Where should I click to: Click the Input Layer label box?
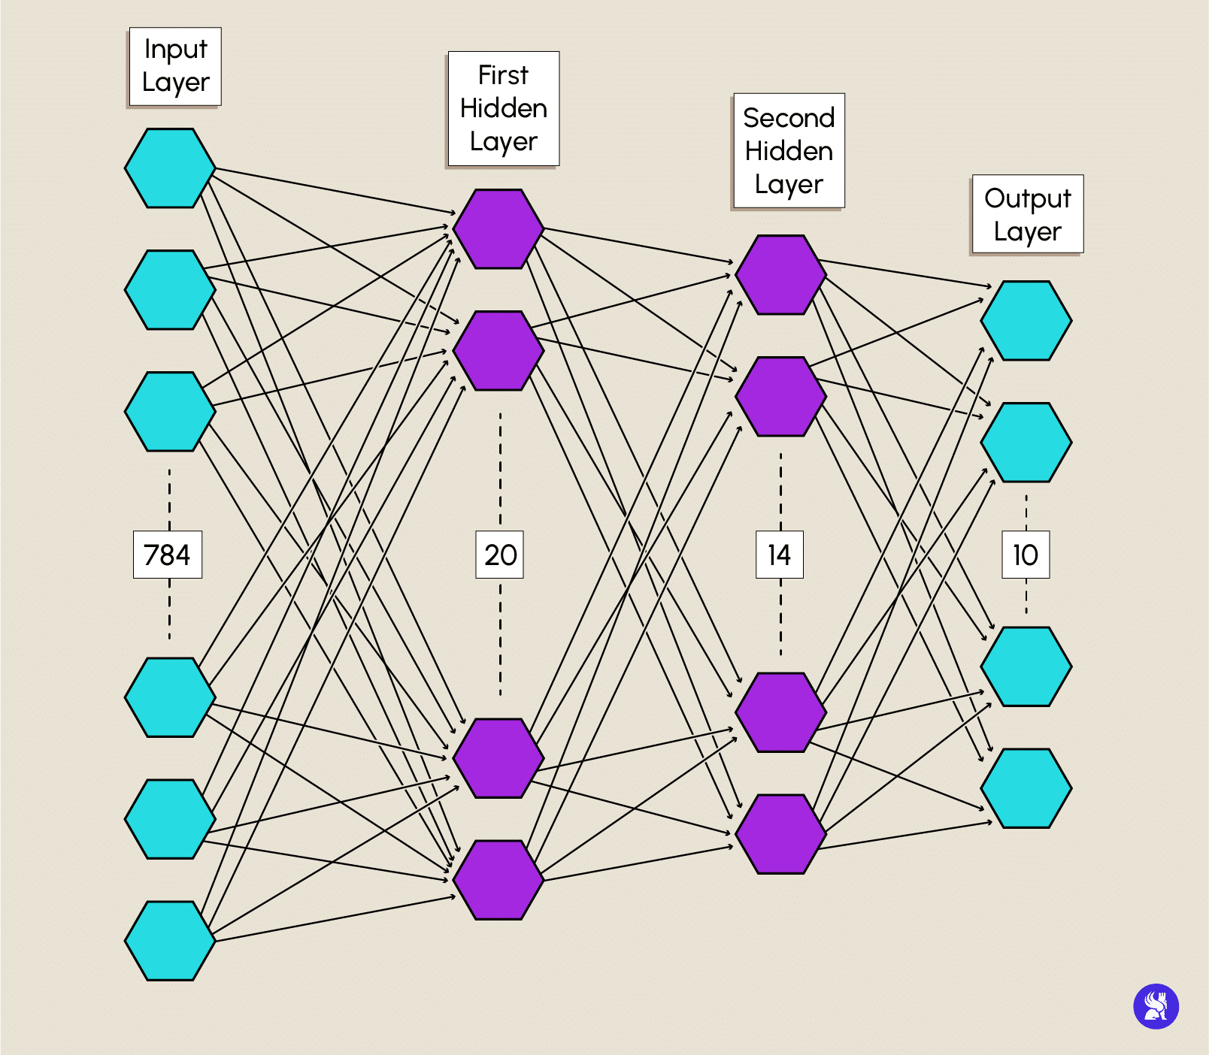(x=175, y=66)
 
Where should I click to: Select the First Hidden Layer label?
(x=503, y=108)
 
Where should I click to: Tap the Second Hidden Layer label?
(x=789, y=150)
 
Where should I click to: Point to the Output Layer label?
(x=1027, y=214)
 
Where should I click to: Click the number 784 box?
(x=167, y=555)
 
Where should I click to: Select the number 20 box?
(x=500, y=555)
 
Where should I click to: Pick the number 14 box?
(x=779, y=555)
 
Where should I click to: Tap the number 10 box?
(x=1026, y=555)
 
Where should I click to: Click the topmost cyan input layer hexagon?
(x=170, y=168)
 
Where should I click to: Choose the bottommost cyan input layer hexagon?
(x=170, y=941)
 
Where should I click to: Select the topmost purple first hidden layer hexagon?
(x=498, y=229)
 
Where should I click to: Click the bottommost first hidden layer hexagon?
(x=498, y=880)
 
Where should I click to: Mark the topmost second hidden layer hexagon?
(x=780, y=275)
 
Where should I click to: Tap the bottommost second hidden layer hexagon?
(x=780, y=834)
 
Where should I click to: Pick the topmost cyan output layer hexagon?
(x=1026, y=321)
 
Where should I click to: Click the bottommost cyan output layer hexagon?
(x=1026, y=788)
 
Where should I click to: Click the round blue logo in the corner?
(x=1156, y=1006)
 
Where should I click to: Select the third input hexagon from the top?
(x=170, y=412)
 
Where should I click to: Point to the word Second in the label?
(x=789, y=118)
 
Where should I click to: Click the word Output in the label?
(x=1027, y=198)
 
